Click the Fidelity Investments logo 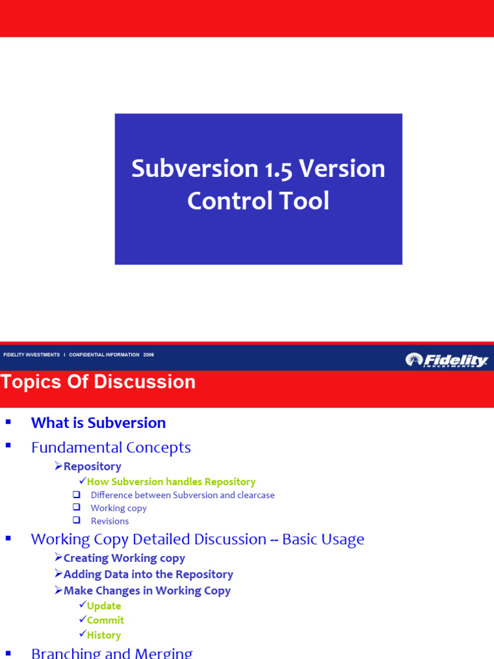[446, 360]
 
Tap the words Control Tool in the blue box [258, 201]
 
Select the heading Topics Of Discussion [98, 382]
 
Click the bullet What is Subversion [98, 423]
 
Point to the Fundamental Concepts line [111, 447]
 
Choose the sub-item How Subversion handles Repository [171, 482]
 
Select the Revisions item [109, 521]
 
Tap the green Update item [104, 606]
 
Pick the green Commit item [105, 620]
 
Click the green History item [104, 635]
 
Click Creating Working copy [124, 559]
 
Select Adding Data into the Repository [148, 575]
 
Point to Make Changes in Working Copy [147, 591]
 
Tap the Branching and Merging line [111, 653]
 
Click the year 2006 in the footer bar [149, 355]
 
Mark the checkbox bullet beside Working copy [77, 508]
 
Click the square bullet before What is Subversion [8, 422]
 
